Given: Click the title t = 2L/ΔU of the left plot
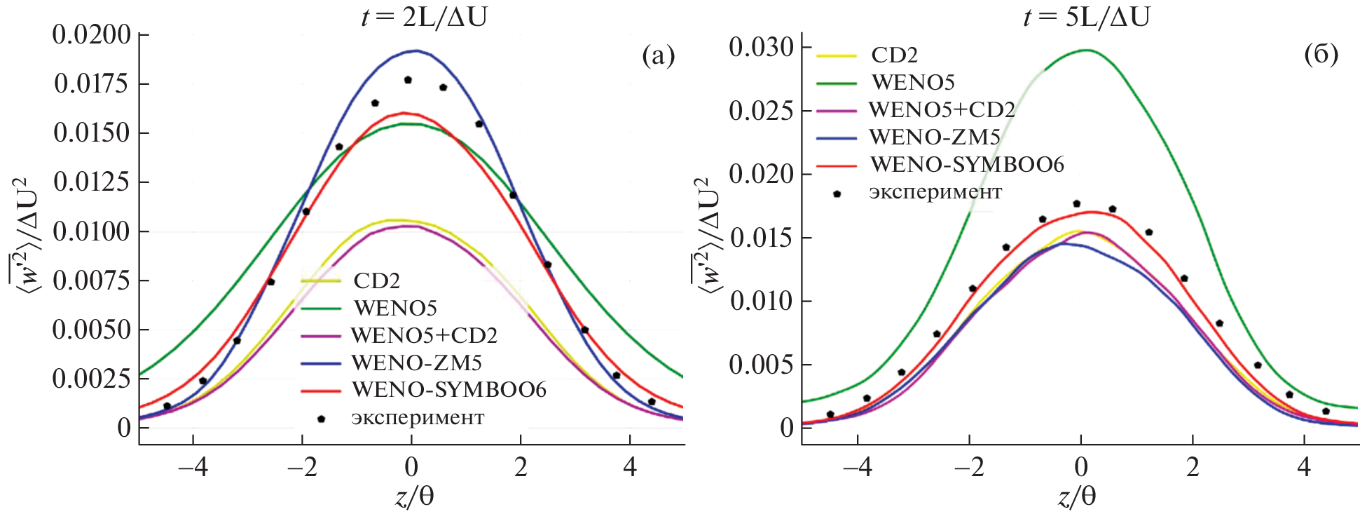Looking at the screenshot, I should coord(424,16).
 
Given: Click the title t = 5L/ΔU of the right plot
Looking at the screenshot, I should coord(1086,16).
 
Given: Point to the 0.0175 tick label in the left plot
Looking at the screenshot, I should coord(92,83).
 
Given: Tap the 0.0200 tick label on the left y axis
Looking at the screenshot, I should coord(92,34).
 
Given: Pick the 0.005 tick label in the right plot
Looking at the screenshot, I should coord(761,365).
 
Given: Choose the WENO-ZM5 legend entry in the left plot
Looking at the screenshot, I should coord(416,363).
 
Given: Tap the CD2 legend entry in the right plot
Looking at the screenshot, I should coord(894,55).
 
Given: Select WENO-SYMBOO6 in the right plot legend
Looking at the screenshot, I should coord(967,165).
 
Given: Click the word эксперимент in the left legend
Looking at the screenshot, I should coord(418,418).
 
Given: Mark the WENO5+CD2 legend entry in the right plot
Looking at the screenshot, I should coord(942,110).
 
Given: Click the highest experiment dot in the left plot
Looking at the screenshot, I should coord(408,80).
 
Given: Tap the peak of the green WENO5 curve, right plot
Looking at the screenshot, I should coord(1085,50).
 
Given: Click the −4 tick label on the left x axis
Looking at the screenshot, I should coord(192,467).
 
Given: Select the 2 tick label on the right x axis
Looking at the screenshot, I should coord(1193,467).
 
